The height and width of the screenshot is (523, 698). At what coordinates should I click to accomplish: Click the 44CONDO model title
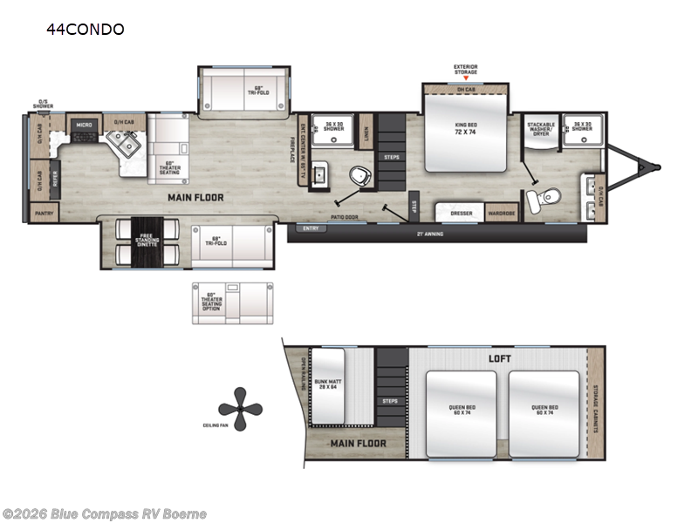(86, 30)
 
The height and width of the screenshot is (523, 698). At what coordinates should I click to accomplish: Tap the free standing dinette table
(145, 240)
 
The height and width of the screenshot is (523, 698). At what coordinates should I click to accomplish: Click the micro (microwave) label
(84, 125)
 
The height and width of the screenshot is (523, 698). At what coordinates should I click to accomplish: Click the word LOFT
(500, 358)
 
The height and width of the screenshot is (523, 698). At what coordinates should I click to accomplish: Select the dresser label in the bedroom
(462, 212)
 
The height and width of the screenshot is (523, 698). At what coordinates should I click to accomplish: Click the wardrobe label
(501, 212)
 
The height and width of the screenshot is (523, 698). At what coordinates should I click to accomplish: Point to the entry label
(310, 228)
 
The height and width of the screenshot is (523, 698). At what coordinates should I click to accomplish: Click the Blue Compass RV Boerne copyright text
(104, 513)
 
